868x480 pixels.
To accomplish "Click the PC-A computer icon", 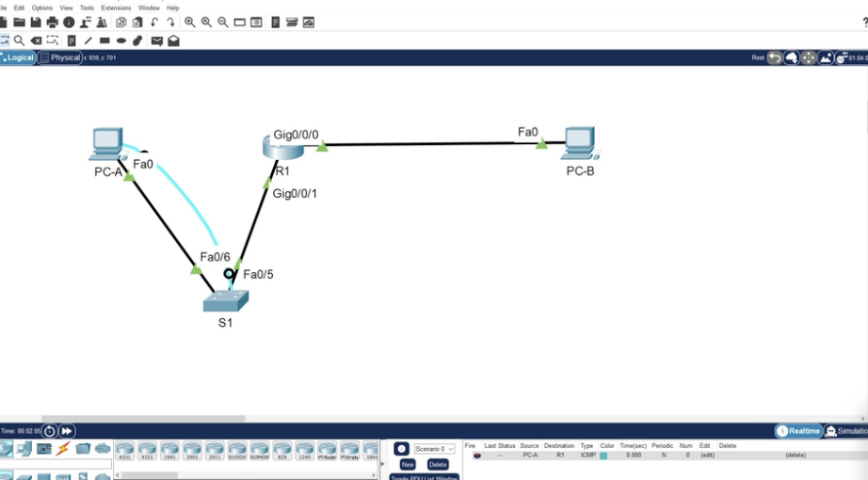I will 106,143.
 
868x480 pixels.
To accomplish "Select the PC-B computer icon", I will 580,143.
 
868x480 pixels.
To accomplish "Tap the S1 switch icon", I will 226,301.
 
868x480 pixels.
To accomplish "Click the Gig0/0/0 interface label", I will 296,135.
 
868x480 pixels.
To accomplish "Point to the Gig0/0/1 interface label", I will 295,194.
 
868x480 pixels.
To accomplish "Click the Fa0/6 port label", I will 215,257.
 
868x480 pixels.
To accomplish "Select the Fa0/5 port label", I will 258,275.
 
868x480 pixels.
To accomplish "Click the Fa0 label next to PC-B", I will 528,132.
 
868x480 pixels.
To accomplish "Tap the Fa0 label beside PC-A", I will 143,164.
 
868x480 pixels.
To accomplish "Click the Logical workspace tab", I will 19,57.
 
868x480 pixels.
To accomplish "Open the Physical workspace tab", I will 64,57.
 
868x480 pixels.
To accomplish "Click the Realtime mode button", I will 799,430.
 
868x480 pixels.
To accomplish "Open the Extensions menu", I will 116,8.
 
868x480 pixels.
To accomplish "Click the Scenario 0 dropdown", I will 435,449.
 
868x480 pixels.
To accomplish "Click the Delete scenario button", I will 438,464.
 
